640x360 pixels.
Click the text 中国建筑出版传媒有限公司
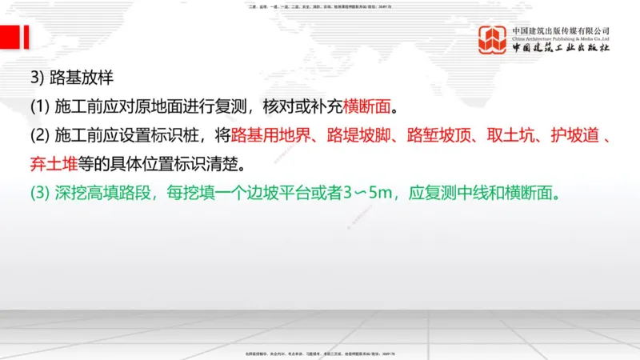(561, 30)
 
